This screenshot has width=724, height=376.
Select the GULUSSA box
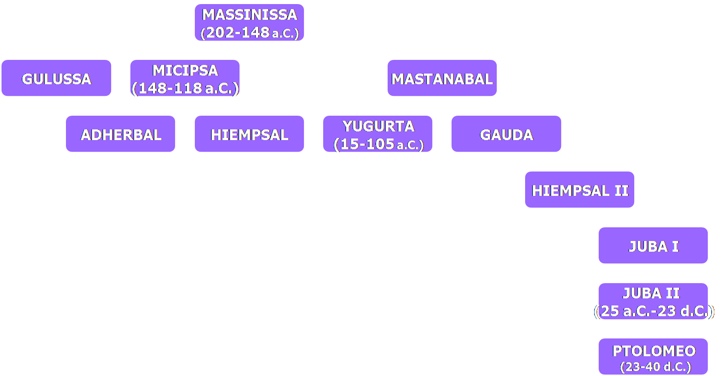[x=56, y=79]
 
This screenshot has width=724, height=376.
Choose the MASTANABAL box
[x=442, y=79]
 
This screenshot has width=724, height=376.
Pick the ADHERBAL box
[x=121, y=134]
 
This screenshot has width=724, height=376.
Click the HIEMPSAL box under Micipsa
[x=249, y=134]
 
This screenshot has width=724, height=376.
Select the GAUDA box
[x=506, y=134]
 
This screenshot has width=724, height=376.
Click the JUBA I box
[x=653, y=246]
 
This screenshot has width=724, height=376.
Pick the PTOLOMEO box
[x=653, y=351]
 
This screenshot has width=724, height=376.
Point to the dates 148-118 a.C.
[x=185, y=88]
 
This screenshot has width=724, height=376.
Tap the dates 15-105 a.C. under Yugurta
[x=378, y=144]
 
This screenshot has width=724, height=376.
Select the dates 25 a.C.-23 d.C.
[x=653, y=311]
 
